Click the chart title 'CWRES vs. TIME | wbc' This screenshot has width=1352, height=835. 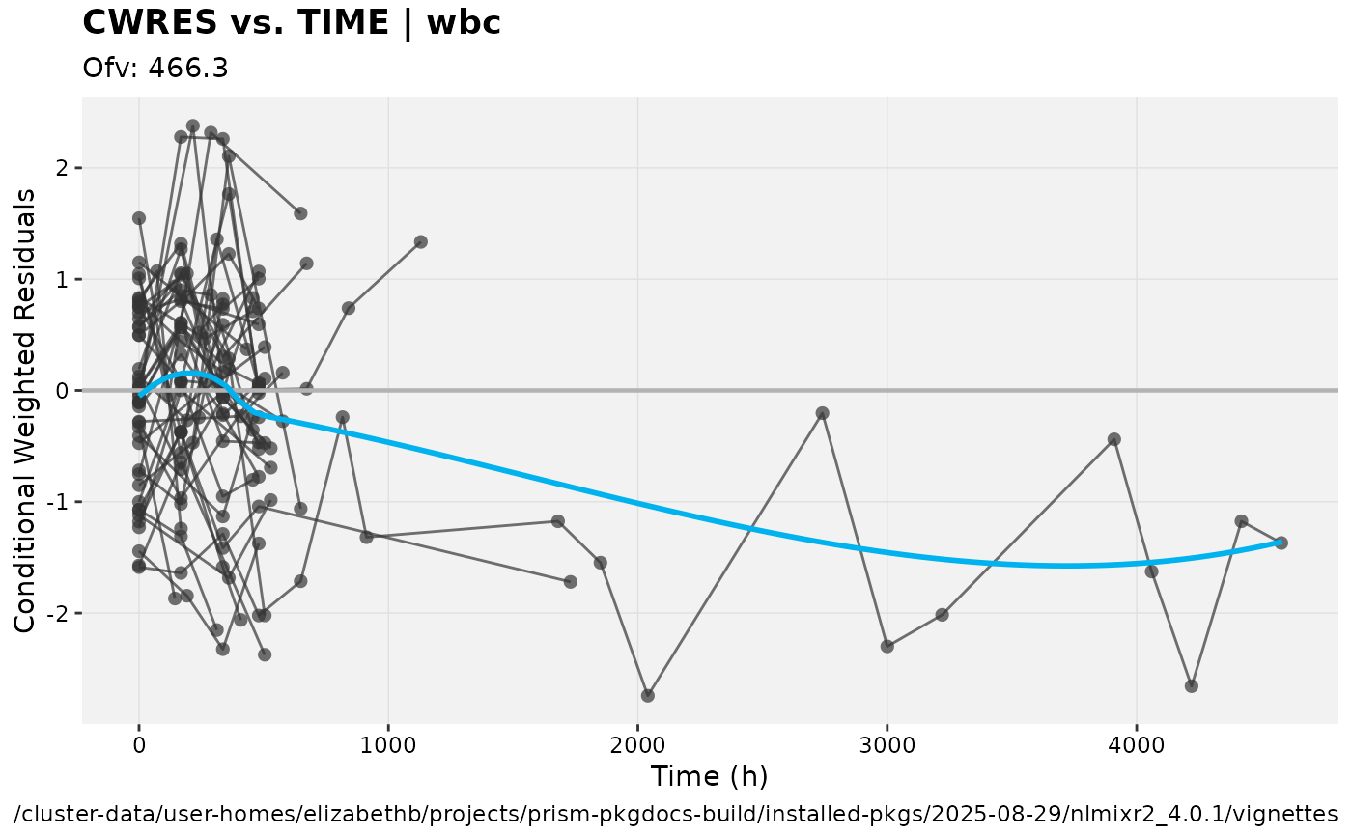[292, 22]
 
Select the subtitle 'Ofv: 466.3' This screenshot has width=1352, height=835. [155, 69]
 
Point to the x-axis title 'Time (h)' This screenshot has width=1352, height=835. [709, 776]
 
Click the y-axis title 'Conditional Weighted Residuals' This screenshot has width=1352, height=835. [25, 410]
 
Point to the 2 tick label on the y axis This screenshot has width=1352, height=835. [64, 168]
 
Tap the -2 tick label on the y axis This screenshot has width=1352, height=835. [60, 613]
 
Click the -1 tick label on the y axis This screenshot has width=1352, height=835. [60, 502]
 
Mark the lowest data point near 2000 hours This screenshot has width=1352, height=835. [648, 695]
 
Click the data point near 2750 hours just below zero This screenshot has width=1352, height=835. [823, 413]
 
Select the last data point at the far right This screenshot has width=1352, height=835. [1282, 543]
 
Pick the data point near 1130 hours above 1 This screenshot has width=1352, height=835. [421, 241]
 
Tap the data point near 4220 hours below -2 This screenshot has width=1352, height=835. [1192, 685]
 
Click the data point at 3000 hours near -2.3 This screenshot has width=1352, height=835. [887, 646]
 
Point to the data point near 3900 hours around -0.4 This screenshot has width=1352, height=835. [1114, 439]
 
